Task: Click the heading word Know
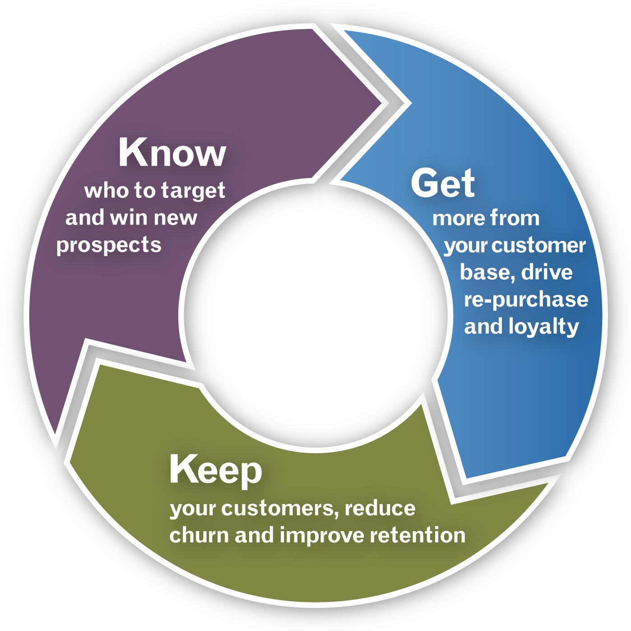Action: [172, 153]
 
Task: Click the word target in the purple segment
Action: [193, 191]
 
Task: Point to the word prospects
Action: [109, 246]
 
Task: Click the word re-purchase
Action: [526, 300]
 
